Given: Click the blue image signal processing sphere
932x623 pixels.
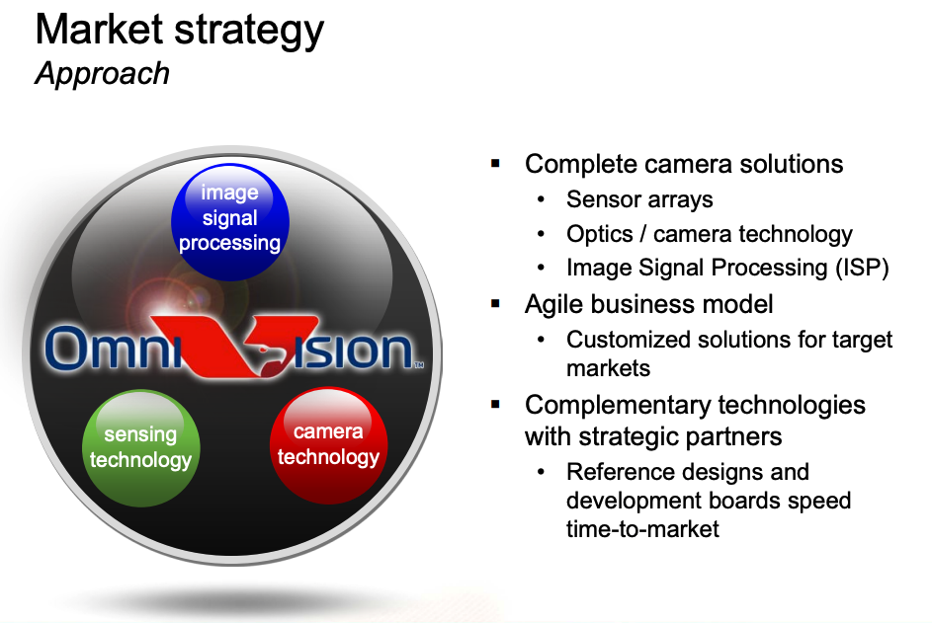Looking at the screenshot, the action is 230,221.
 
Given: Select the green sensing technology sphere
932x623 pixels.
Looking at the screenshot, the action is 141,448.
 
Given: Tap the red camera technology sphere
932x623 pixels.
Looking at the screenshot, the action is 329,445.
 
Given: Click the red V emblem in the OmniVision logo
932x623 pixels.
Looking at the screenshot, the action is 235,347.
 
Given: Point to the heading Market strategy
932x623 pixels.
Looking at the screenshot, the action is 180,31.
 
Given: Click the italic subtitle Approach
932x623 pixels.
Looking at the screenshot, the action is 102,74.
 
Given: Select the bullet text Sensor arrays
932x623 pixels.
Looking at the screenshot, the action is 639,200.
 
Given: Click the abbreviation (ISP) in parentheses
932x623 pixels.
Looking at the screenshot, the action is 862,268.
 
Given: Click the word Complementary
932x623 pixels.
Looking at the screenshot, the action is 619,406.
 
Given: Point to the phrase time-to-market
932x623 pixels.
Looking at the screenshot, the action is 642,528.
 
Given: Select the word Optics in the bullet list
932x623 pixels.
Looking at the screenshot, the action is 600,234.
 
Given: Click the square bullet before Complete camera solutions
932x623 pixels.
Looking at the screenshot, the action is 496,163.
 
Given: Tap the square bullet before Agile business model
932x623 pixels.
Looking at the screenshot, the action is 496,304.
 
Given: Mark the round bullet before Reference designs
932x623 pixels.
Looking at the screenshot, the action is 541,472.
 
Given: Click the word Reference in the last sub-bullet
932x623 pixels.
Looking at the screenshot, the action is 622,472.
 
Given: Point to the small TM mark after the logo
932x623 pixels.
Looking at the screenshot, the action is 419,364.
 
